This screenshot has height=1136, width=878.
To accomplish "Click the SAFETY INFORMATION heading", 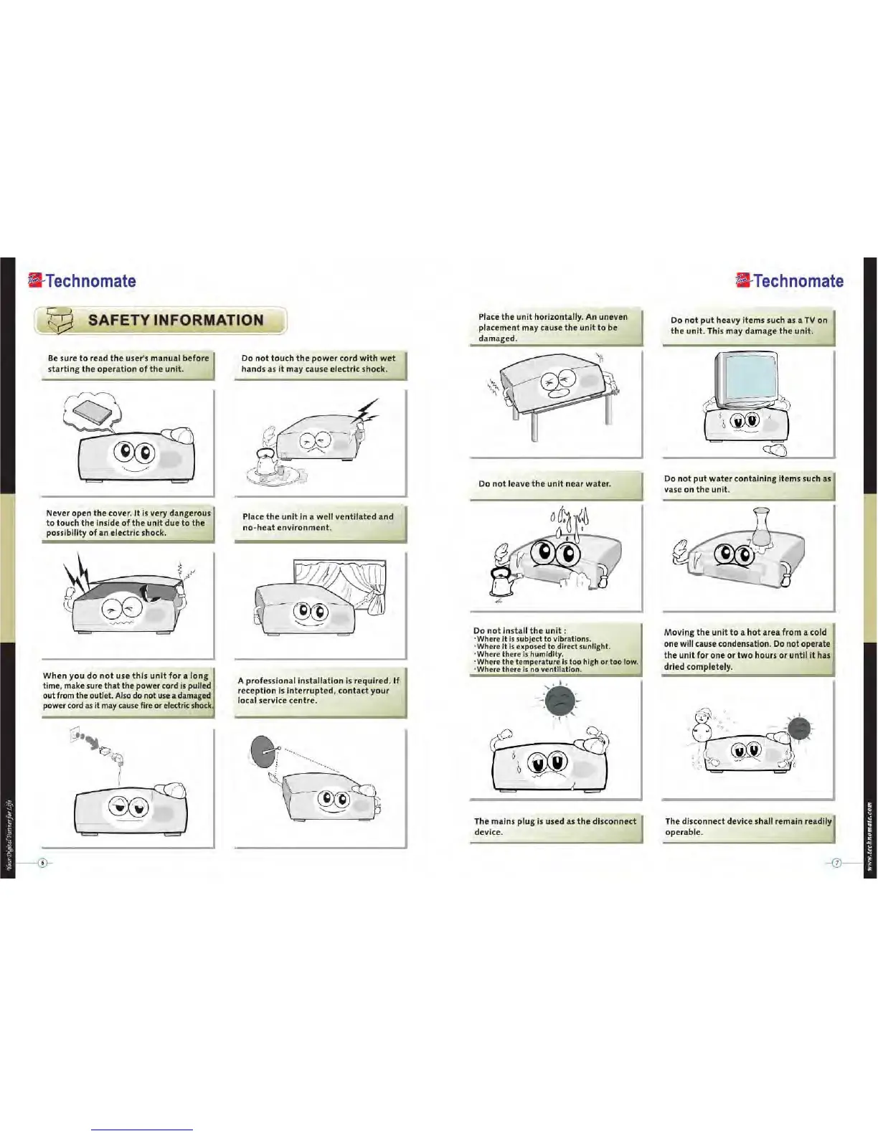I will click(176, 321).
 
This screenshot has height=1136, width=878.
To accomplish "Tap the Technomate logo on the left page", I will click(82, 281).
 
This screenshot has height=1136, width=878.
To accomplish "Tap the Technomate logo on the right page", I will click(790, 281).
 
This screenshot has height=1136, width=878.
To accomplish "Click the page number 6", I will click(43, 862).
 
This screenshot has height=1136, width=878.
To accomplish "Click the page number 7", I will click(836, 862).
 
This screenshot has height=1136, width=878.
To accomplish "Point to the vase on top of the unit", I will click(760, 527).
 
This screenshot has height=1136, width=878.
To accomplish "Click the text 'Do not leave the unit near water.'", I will click(544, 484).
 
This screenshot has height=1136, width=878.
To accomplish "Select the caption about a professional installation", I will click(318, 691).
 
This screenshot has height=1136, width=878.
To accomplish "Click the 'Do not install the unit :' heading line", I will click(519, 631).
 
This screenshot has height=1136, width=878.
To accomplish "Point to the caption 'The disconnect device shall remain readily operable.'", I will click(747, 826).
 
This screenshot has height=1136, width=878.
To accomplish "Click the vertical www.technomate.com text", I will click(870, 836).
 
